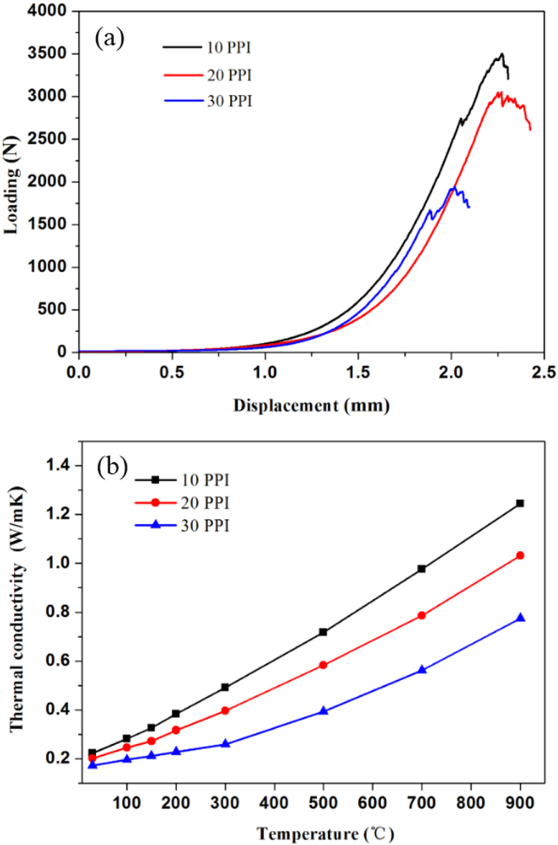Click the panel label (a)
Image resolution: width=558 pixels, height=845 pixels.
pyautogui.click(x=109, y=39)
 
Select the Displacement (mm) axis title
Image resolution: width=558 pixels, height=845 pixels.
pyautogui.click(x=311, y=406)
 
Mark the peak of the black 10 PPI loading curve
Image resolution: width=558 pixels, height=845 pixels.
pyautogui.click(x=501, y=54)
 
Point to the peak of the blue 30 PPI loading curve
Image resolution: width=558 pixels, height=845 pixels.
pyautogui.click(x=454, y=188)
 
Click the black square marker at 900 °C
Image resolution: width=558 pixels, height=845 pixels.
pyautogui.click(x=520, y=503)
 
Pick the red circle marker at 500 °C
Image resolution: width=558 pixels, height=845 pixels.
pyautogui.click(x=323, y=665)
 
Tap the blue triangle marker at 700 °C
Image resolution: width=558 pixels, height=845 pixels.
pyautogui.click(x=422, y=669)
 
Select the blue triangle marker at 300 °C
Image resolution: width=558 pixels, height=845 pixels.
pyautogui.click(x=225, y=744)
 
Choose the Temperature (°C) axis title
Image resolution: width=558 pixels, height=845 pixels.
pyautogui.click(x=325, y=834)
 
